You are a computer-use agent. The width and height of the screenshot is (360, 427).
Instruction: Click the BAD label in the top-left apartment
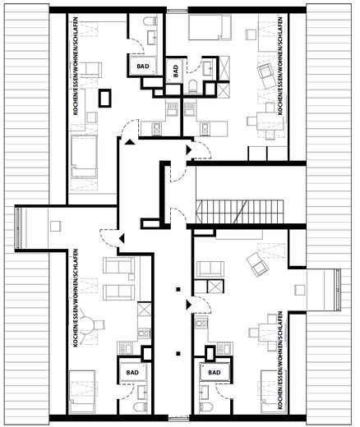(x=143, y=67)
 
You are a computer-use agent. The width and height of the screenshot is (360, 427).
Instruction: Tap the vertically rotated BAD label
(x=176, y=71)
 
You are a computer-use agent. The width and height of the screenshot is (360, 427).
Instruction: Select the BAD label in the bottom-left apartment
(x=132, y=372)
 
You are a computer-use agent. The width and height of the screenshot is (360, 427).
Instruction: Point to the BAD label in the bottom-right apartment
(x=215, y=372)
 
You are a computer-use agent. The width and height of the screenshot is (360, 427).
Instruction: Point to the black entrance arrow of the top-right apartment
(x=189, y=150)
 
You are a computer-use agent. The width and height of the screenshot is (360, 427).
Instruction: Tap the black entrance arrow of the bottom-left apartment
(x=122, y=238)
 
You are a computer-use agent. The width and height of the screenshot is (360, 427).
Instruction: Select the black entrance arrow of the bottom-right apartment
(x=189, y=304)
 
